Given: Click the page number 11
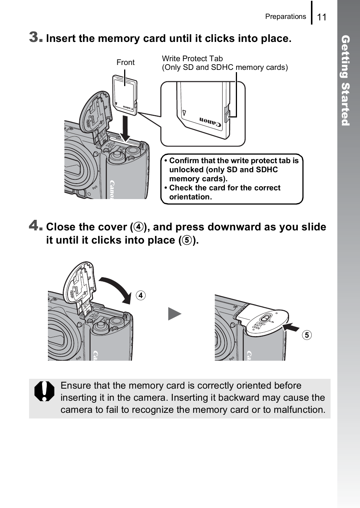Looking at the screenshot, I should [x=322, y=17].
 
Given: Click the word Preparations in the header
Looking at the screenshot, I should [x=285, y=17].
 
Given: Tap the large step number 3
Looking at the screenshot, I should [x=35, y=37].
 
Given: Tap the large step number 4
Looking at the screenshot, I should [x=35, y=225].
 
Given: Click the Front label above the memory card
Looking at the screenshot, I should [x=125, y=62].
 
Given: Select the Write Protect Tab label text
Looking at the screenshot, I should [x=192, y=59].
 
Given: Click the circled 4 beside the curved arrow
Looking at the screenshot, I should [x=140, y=295].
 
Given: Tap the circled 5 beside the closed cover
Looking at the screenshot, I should [x=307, y=335].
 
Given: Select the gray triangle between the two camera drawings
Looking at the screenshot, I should [x=174, y=314].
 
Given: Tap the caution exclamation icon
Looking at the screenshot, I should [x=45, y=391].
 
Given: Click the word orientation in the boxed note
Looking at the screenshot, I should [x=190, y=197].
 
